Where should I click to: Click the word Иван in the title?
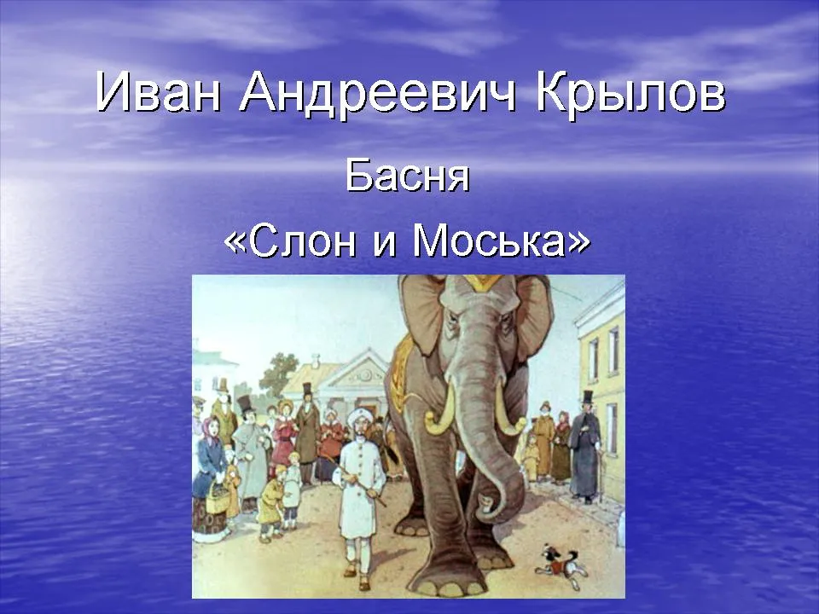click(158, 93)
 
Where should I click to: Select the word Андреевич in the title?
click(378, 95)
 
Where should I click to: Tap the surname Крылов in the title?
click(630, 94)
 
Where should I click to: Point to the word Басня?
click(408, 176)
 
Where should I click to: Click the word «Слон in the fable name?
click(290, 240)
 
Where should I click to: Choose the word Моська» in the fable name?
click(502, 240)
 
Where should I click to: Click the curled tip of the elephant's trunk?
click(487, 506)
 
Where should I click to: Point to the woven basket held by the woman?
click(218, 497)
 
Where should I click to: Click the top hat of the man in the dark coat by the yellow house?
click(588, 397)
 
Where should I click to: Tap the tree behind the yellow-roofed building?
click(278, 372)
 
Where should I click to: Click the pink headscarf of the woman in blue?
click(211, 427)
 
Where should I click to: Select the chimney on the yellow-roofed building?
click(316, 361)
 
